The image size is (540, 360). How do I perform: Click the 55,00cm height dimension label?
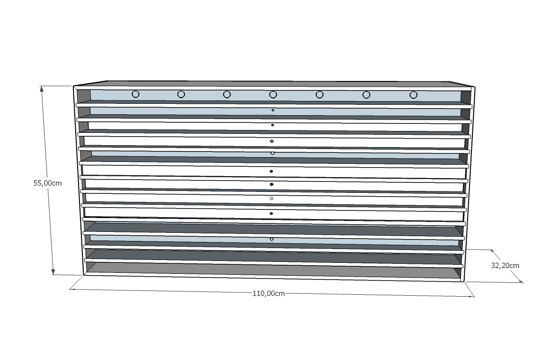(48, 183)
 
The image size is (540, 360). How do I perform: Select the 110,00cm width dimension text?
(269, 293)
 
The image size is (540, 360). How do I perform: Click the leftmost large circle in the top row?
(135, 94)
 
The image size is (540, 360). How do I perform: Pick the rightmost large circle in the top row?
(413, 95)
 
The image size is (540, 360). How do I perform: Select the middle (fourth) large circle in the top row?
(273, 94)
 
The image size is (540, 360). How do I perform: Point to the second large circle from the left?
(181, 94)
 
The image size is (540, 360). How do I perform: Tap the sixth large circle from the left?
(366, 95)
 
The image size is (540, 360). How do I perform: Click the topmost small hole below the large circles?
(273, 110)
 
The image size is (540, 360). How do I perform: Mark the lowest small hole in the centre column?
(272, 239)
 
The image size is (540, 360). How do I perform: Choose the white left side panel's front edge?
(78, 181)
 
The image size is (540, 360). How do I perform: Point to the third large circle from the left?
(227, 94)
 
